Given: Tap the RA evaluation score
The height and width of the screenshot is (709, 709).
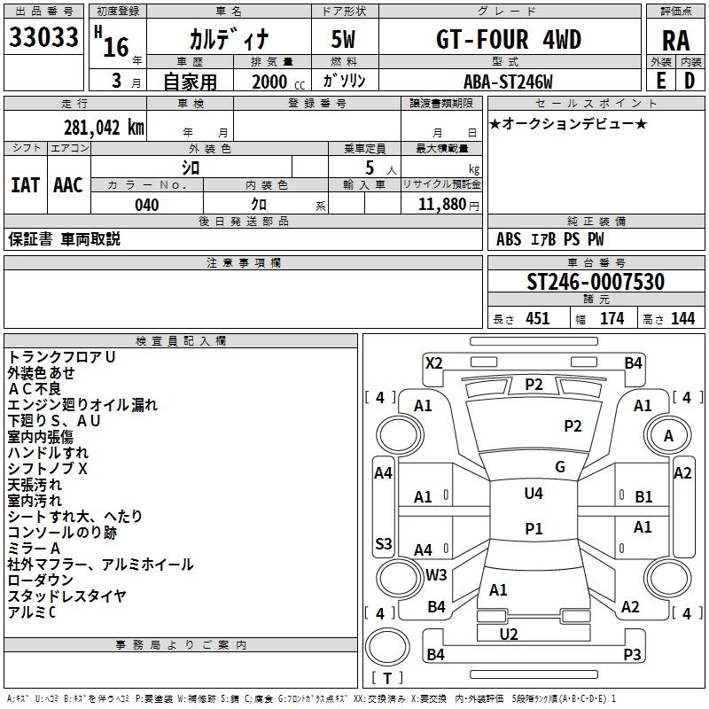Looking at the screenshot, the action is tap(676, 41).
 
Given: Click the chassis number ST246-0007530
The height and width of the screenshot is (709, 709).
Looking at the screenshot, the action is tap(596, 282).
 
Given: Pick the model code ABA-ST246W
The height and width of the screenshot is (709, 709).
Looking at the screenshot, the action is tap(508, 82).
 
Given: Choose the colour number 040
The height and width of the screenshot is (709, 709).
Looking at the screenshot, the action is tap(146, 205).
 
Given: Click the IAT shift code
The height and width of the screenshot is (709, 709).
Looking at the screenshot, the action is tap(25, 185).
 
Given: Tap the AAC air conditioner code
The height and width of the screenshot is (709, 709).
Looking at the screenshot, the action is tap(68, 185).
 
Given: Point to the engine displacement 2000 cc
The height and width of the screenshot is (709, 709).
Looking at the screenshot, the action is tap(269, 82).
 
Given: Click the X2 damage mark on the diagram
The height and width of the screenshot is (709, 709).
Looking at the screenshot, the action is tap(434, 362).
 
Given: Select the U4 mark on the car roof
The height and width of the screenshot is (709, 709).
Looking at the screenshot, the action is tap(534, 493).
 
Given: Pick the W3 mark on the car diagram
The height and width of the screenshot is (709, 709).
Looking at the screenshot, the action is tap(436, 574).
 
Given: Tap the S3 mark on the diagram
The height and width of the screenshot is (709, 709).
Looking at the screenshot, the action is tap(384, 543).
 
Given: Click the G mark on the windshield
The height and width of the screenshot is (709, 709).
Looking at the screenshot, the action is tap(560, 467).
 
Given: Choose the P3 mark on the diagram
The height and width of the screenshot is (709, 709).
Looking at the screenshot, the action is tap(632, 654).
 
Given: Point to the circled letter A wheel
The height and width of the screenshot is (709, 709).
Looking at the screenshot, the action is tap(668, 436).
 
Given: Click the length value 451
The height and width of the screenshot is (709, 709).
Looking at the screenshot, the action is tap(538, 319).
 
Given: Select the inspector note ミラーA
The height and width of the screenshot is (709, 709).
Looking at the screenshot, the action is tap(35, 549).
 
